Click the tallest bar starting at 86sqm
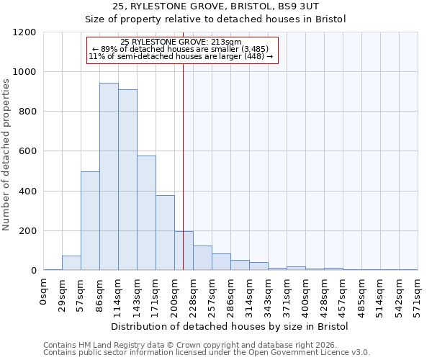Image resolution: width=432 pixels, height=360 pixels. (x=109, y=176)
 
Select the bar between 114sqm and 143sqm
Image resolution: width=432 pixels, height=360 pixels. (x=127, y=180)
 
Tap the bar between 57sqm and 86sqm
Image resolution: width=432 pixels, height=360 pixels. (x=90, y=221)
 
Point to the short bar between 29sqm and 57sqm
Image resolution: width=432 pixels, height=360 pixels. (x=71, y=263)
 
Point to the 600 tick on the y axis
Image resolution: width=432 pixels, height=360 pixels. (x=27, y=152)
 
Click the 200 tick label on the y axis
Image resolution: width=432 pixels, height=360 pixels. (x=27, y=231)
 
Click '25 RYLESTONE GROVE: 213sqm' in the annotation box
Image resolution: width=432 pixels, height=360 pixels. (x=181, y=42)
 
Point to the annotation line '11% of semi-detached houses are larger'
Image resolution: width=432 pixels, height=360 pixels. (x=181, y=56)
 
